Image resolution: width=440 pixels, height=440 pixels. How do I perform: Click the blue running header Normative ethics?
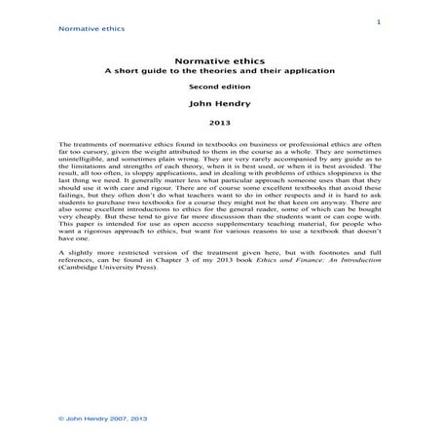click(x=92, y=29)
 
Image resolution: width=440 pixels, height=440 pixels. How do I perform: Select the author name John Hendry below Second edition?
click(x=220, y=103)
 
